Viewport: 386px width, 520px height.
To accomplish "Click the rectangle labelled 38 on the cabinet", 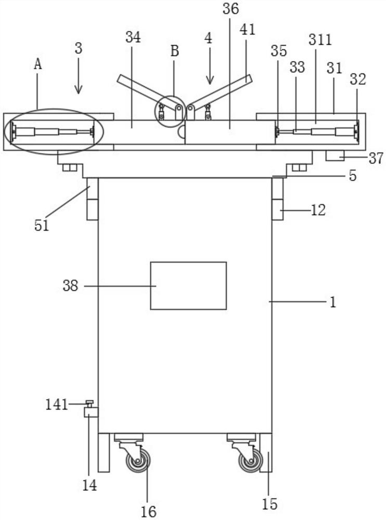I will click(x=188, y=285).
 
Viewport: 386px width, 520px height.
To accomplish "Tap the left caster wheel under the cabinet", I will click(x=138, y=460).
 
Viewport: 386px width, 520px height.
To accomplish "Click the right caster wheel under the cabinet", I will click(x=250, y=460).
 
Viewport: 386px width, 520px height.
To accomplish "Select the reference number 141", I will click(x=57, y=404).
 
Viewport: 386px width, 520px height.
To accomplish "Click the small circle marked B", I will click(x=171, y=111).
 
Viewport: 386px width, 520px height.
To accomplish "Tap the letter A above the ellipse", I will click(x=37, y=64).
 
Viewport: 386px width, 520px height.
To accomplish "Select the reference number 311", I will click(x=319, y=40).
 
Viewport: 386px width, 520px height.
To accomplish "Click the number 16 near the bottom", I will click(x=148, y=511).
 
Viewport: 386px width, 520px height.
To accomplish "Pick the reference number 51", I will click(x=42, y=226).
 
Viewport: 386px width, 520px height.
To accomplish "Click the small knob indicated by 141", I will click(x=90, y=404).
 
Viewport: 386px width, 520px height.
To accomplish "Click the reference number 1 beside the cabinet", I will click(x=333, y=302).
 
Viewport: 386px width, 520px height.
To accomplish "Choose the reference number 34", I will click(x=133, y=37).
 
